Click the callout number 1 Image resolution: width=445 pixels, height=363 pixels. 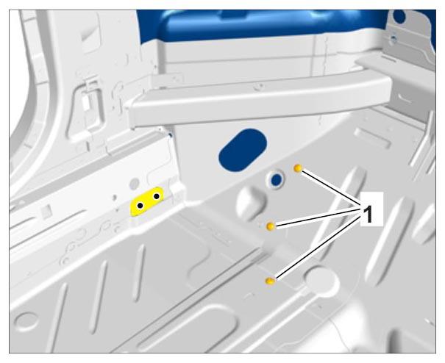tap(368, 215)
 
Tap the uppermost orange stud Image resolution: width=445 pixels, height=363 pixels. tap(297, 168)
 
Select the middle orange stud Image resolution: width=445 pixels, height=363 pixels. tap(271, 226)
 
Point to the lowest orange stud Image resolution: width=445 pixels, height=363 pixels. tap(270, 281)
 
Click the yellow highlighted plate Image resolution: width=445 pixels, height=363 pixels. tap(146, 201)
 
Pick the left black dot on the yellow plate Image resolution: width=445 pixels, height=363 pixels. tap(140, 206)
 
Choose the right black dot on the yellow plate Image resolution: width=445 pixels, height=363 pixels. tap(157, 196)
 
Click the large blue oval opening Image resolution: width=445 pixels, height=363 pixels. tap(243, 150)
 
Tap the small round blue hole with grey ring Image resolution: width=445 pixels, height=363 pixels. tap(276, 180)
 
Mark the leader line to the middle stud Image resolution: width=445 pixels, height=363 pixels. tap(318, 218)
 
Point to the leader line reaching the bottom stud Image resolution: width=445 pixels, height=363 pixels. tap(317, 245)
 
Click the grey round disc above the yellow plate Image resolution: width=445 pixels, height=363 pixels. tap(134, 184)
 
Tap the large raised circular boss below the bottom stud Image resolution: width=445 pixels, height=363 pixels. tap(322, 281)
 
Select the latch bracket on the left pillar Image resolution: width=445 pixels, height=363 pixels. tap(86, 110)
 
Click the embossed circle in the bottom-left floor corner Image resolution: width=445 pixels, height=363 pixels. tap(26, 322)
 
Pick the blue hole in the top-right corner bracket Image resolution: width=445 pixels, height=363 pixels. tap(400, 16)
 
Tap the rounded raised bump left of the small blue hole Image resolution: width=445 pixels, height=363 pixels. tap(250, 201)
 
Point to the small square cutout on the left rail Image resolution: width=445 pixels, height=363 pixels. tap(46, 212)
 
